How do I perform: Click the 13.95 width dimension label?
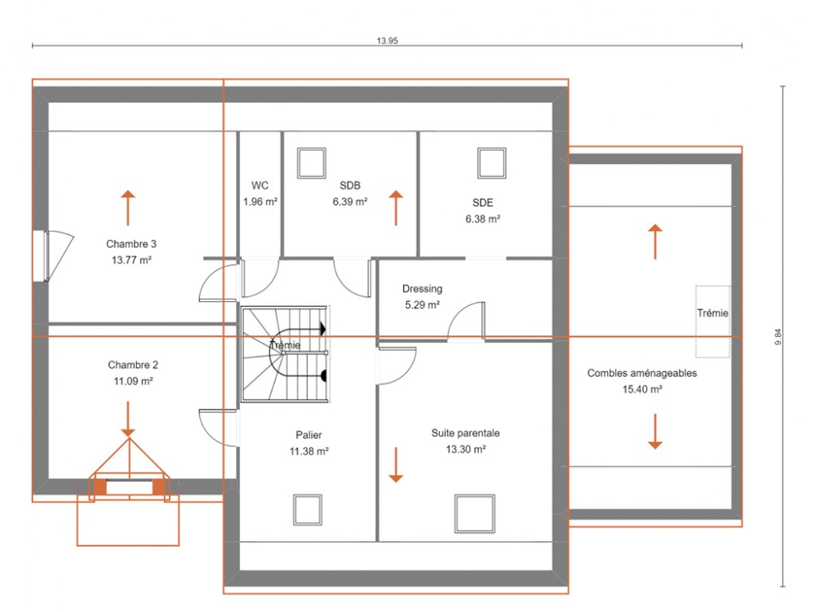(x=387, y=41)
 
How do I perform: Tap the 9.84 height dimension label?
(x=778, y=337)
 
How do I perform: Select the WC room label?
(x=259, y=185)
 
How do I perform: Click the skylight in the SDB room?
(x=312, y=163)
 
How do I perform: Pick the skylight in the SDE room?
(x=492, y=163)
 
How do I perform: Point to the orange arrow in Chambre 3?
(x=128, y=207)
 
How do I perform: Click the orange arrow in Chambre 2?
(x=128, y=419)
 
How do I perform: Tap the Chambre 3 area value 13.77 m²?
(x=131, y=260)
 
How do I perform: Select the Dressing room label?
(x=422, y=289)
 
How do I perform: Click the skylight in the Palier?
(x=308, y=510)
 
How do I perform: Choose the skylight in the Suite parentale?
(x=475, y=513)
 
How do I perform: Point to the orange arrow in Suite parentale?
(x=396, y=465)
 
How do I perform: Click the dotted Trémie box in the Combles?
(x=713, y=322)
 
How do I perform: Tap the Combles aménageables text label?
(x=641, y=373)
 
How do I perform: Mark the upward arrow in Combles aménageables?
(x=655, y=242)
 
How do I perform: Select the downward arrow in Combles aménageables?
(x=655, y=432)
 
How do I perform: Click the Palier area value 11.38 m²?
(x=309, y=452)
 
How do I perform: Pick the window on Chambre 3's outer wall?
(x=41, y=256)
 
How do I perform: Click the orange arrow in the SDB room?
(x=396, y=207)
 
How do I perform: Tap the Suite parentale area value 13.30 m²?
(x=466, y=450)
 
